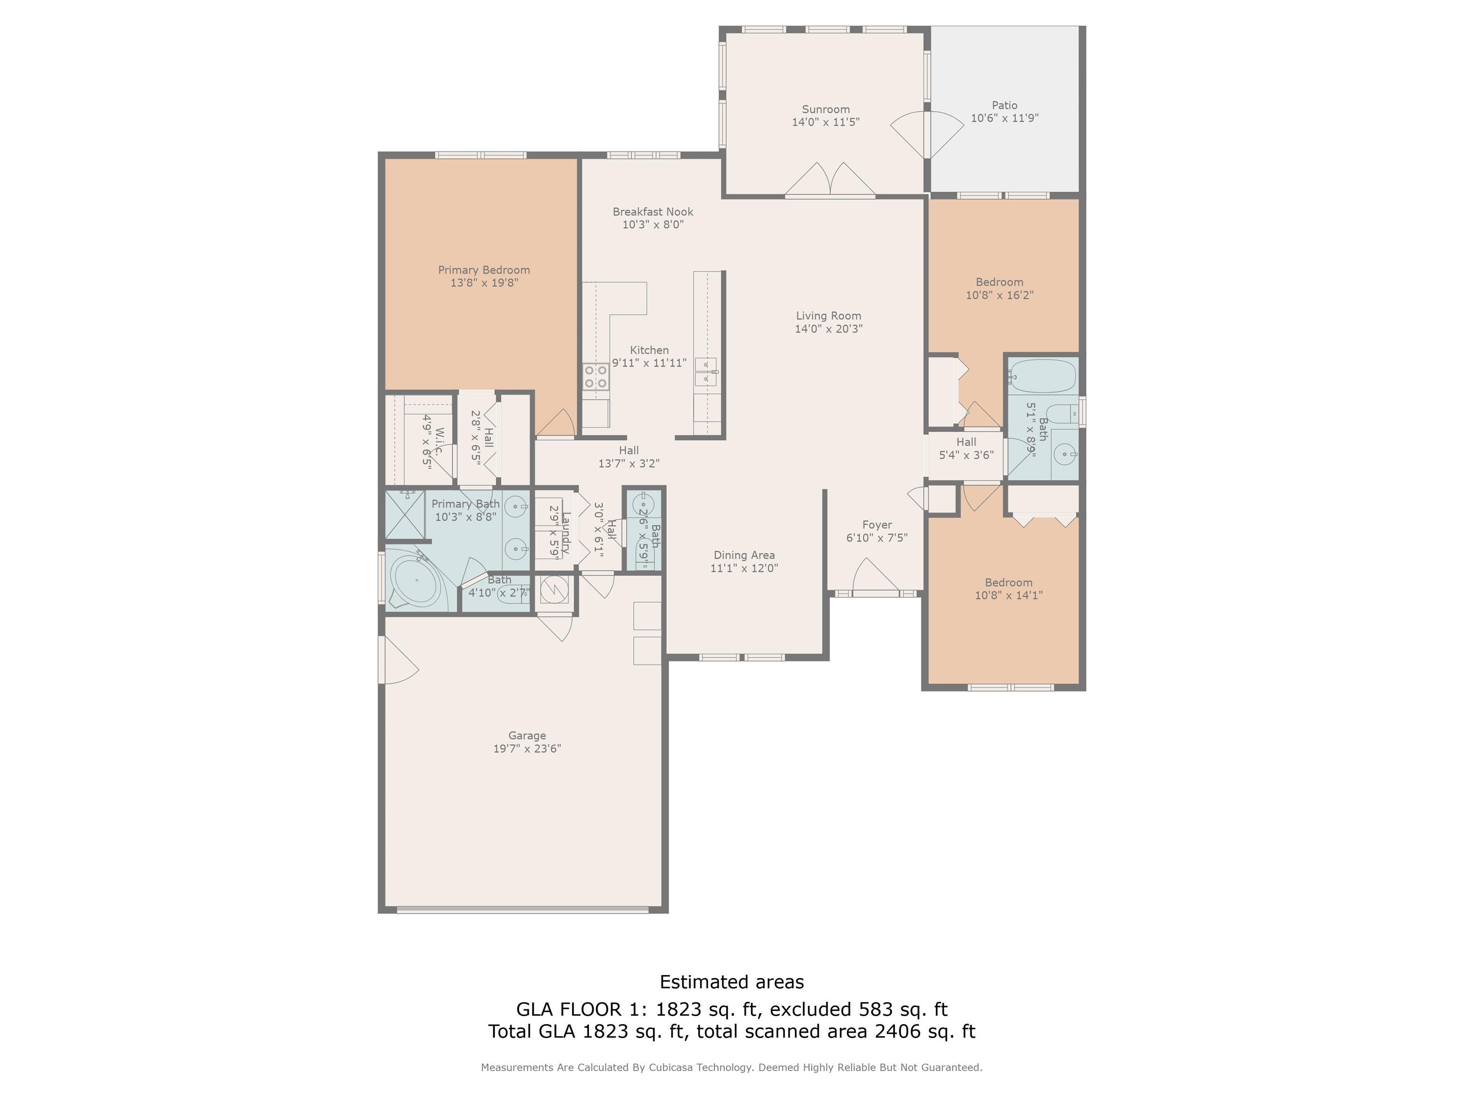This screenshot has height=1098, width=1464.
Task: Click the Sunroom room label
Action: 825,109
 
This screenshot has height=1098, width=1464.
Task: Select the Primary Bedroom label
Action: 484,270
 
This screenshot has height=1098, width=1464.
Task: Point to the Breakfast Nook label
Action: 652,212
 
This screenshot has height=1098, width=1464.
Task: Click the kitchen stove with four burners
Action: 596,376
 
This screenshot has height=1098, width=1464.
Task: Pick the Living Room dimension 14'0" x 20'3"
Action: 829,329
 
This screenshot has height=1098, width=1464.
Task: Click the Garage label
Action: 527,735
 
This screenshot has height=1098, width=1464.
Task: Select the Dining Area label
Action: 744,555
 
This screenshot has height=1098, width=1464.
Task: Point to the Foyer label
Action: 877,525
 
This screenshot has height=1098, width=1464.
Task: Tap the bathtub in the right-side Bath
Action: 1042,376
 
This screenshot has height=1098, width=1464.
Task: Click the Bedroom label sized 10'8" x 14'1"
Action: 1009,582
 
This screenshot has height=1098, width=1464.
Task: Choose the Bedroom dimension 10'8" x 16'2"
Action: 999,295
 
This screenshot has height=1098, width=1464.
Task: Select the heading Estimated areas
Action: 732,982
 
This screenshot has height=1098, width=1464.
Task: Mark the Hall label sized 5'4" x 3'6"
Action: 966,449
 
